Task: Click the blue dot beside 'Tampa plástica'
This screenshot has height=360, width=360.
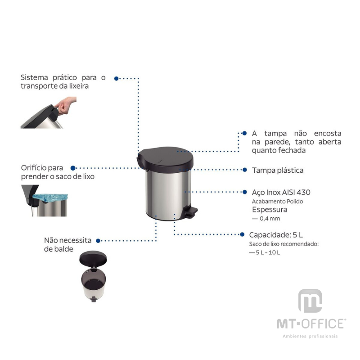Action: (244, 170)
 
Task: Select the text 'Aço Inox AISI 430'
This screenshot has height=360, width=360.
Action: (281, 192)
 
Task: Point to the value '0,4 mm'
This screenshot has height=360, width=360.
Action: (270, 219)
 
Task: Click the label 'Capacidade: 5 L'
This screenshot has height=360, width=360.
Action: (276, 234)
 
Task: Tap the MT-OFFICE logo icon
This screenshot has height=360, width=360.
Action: (310, 301)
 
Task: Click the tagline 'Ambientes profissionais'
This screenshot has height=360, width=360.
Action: (310, 336)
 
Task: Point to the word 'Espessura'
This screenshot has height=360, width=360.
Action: (270, 210)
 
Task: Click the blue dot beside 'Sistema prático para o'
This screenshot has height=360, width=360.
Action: (116, 78)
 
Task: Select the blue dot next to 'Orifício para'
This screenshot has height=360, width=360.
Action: (73, 168)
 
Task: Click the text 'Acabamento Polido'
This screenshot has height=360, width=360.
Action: (277, 201)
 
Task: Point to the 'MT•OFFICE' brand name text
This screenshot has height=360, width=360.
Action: (310, 324)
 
